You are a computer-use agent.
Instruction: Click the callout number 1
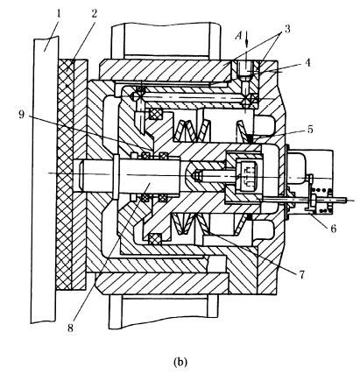[59, 15]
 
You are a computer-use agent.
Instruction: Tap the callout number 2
[94, 15]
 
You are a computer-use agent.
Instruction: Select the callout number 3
[288, 29]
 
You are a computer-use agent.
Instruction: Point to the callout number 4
[306, 62]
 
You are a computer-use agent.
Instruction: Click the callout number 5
[310, 129]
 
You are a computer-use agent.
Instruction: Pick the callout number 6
[333, 228]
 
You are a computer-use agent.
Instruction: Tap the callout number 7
[301, 274]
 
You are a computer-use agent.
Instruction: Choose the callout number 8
[70, 328]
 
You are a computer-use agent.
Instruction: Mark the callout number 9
[21, 114]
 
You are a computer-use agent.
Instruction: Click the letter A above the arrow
[239, 37]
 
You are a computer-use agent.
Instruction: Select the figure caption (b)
[180, 362]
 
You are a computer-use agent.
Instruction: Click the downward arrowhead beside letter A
[247, 44]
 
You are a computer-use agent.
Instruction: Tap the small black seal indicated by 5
[250, 138]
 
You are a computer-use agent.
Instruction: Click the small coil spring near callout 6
[322, 201]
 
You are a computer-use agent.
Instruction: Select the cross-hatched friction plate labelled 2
[64, 174]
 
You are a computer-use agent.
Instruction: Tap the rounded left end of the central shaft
[81, 174]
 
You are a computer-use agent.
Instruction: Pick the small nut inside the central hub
[198, 176]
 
